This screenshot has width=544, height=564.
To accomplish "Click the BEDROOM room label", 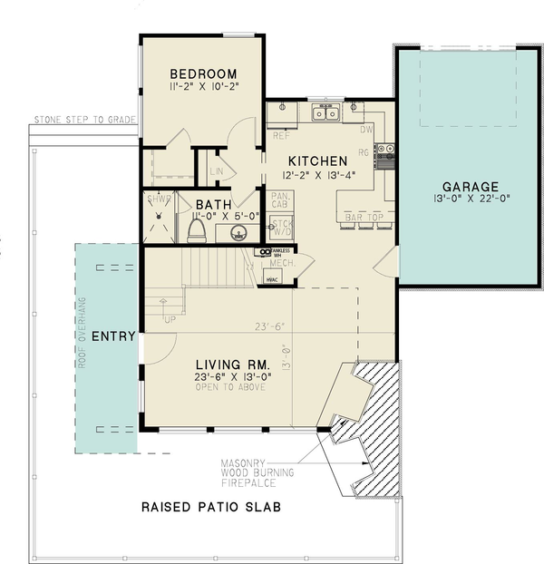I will pyautogui.click(x=203, y=74).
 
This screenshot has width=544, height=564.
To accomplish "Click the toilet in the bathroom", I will pyautogui.click(x=196, y=230).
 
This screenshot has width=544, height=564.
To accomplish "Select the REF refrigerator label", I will pyautogui.click(x=281, y=136).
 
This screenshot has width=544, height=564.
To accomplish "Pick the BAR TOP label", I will pyautogui.click(x=362, y=218).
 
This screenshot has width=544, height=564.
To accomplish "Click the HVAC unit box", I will pyautogui.click(x=271, y=277).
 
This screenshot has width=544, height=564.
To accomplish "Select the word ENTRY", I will pyautogui.click(x=113, y=336).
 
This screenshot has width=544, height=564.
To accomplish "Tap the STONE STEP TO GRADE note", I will pyautogui.click(x=84, y=119).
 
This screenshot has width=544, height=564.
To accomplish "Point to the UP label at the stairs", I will pyautogui.click(x=170, y=319).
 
